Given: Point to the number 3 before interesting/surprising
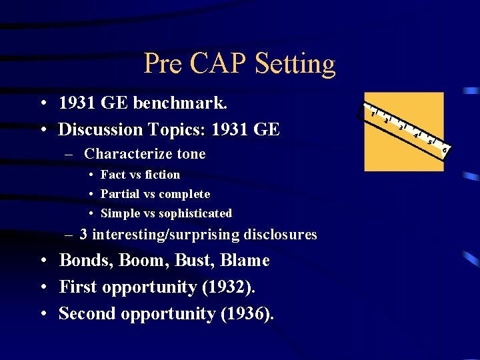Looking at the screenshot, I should click(x=83, y=235).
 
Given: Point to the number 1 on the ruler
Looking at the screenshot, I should click(x=373, y=113).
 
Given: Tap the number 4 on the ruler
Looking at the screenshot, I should click(x=416, y=136).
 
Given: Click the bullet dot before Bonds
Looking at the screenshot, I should click(x=42, y=261).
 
